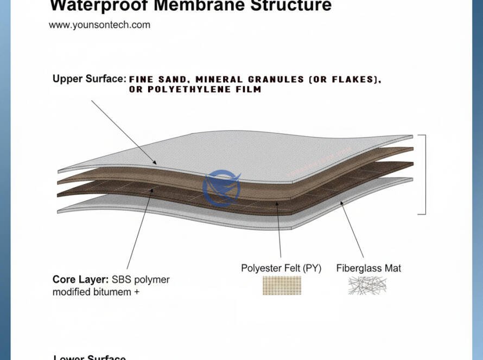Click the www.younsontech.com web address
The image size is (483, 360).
(x=99, y=25)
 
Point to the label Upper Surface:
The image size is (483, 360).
(x=89, y=79)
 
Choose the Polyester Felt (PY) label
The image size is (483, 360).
(x=281, y=268)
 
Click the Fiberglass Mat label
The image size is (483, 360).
(x=368, y=268)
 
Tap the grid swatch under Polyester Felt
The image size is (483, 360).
(x=282, y=285)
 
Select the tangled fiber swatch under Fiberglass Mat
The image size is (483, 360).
(x=367, y=285)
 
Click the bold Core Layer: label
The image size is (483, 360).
(x=81, y=280)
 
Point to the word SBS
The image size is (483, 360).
(x=123, y=280)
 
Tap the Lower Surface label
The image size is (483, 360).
(x=90, y=358)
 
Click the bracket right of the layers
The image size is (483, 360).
(x=425, y=174)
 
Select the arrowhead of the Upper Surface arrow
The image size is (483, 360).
(x=155, y=163)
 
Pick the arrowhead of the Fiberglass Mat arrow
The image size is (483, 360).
(x=341, y=203)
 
